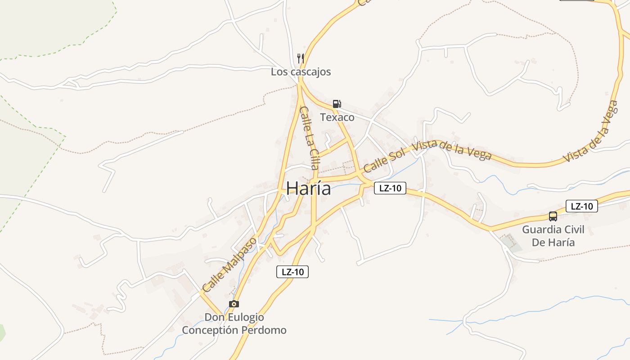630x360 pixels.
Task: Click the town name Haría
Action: coord(309,189)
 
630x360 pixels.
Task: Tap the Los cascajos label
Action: coord(301,72)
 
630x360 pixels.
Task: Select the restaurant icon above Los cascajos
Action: coord(301,58)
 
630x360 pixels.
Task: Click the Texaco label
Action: coord(337,117)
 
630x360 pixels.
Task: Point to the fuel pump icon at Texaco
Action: coord(337,104)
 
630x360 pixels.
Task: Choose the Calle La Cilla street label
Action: coord(309,138)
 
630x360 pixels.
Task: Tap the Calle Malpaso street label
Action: coord(229,264)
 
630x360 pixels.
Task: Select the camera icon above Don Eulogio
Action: coord(234,304)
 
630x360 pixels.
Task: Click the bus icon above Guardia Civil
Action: coord(553,216)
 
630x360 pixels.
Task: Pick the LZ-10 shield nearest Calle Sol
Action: coord(390,188)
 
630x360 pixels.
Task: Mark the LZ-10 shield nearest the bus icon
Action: coord(582,206)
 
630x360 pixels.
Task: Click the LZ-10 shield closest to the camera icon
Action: coord(292,272)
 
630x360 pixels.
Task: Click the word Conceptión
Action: coord(210,330)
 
